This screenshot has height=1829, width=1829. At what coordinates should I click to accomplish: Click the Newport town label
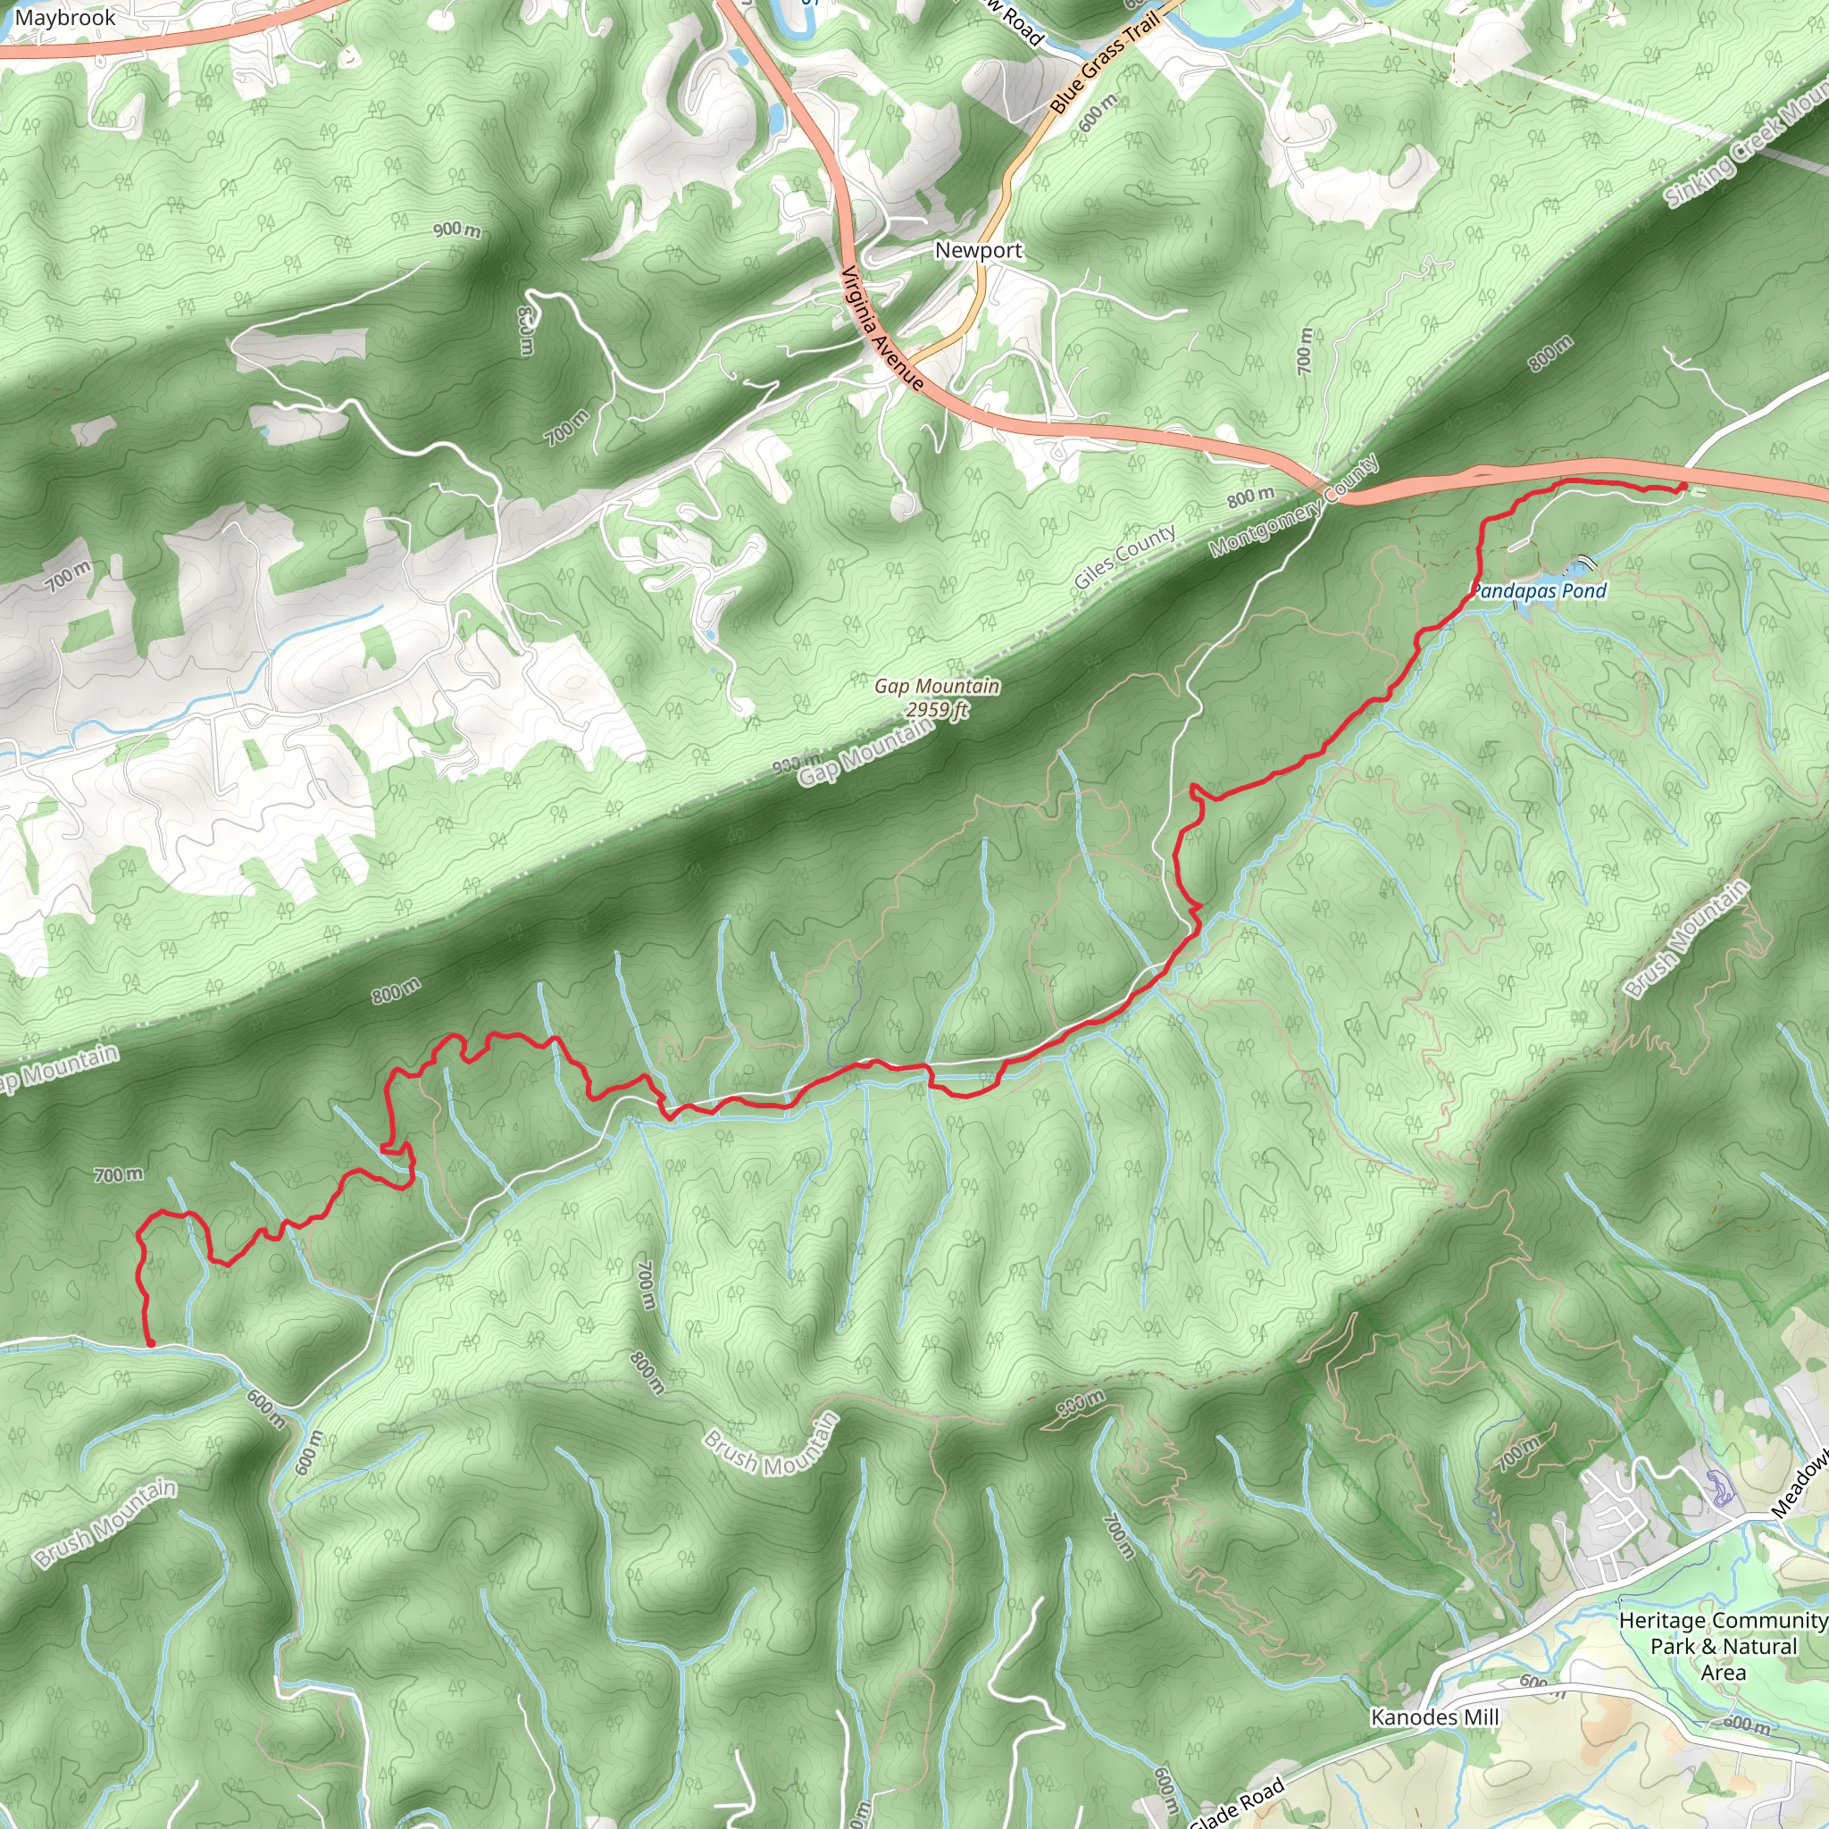pyautogui.click(x=978, y=251)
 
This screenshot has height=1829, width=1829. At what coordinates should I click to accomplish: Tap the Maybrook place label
pyautogui.click(x=64, y=18)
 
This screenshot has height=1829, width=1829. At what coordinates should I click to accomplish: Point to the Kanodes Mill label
pyautogui.click(x=1434, y=1717)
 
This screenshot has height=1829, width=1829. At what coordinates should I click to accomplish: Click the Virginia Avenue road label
pyautogui.click(x=882, y=329)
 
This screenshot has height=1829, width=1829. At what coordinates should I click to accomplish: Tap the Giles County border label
pyautogui.click(x=1124, y=556)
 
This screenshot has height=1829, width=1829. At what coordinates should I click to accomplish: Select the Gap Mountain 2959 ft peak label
pyautogui.click(x=936, y=697)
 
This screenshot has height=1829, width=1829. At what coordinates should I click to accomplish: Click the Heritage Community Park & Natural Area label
pyautogui.click(x=1722, y=1646)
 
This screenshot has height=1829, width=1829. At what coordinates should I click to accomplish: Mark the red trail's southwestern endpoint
pyautogui.click(x=151, y=1342)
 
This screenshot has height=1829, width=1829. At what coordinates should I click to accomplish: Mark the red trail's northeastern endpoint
pyautogui.click(x=1683, y=487)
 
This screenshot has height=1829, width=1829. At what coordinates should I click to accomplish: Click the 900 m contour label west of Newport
pyautogui.click(x=457, y=230)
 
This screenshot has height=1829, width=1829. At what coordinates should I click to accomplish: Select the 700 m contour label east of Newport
pyautogui.click(x=1306, y=350)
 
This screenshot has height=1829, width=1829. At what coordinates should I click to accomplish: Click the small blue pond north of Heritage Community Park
pyautogui.click(x=1719, y=1488)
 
